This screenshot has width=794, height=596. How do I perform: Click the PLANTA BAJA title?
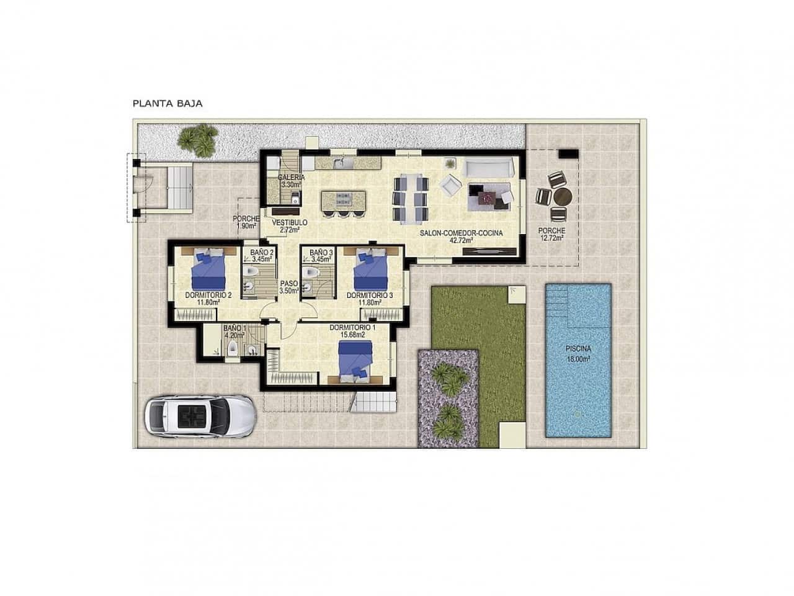coord(167,103)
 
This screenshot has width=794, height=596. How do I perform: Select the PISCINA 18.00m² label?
coord(577,353)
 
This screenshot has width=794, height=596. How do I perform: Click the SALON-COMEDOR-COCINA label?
coord(460,237)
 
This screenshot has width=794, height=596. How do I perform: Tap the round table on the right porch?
coord(563,197)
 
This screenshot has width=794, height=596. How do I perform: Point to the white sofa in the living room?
coord(488,167)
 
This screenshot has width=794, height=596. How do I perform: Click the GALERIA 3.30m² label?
coord(290,181)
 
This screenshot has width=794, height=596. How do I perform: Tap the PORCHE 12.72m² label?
coord(551,233)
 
